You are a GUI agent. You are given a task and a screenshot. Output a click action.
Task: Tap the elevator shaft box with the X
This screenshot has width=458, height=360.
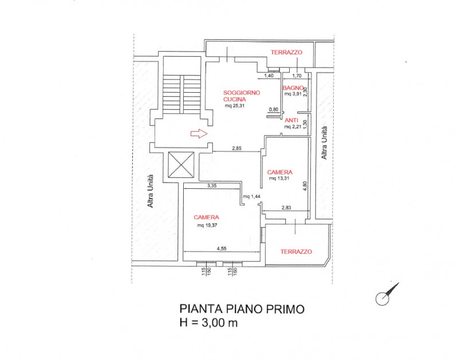pyautogui.click(x=182, y=167)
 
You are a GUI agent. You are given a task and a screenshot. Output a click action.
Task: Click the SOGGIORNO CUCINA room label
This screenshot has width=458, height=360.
pyautogui.click(x=242, y=96)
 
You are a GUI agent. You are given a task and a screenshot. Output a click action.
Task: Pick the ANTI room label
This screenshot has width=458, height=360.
pyautogui.click(x=292, y=120)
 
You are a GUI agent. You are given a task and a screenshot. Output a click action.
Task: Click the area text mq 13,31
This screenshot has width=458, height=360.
pyautogui.click(x=280, y=179)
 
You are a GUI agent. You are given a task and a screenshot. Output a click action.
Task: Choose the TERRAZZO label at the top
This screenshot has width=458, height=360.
pyautogui.click(x=286, y=53)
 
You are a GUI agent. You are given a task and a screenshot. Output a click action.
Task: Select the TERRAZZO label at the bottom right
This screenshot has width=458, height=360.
pyautogui.click(x=296, y=251)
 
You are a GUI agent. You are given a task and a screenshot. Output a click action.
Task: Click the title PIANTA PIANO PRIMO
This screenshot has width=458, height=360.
pyautogui.click(x=242, y=309)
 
